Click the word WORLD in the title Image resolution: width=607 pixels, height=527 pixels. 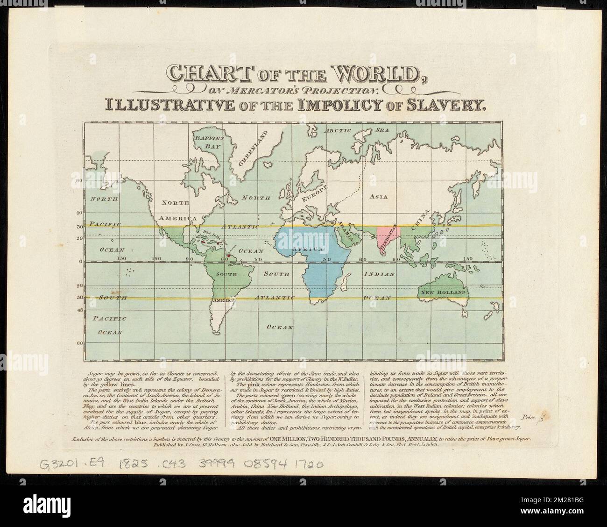coord(371,73)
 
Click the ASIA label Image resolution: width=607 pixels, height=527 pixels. coord(379,197)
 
